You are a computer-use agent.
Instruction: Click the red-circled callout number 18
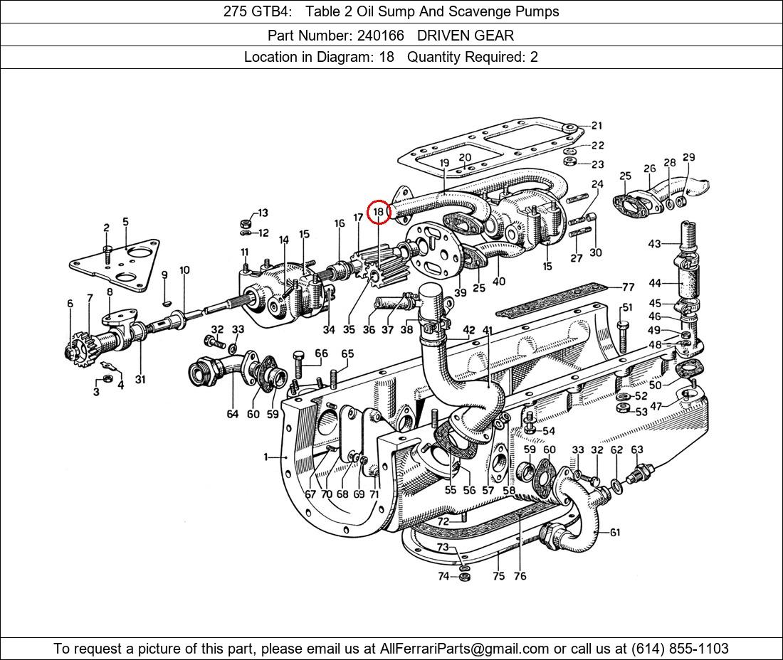pyautogui.click(x=378, y=211)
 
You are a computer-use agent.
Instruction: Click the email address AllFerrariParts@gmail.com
pyautogui.click(x=465, y=648)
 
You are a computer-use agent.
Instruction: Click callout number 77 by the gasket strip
pyautogui.click(x=628, y=287)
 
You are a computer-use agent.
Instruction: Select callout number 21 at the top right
pyautogui.click(x=596, y=126)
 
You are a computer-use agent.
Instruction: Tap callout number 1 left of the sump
pyautogui.click(x=266, y=457)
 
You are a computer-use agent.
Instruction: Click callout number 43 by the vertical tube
pyautogui.click(x=654, y=244)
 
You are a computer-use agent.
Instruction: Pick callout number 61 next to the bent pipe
pyautogui.click(x=614, y=532)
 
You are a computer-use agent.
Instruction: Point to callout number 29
pyautogui.click(x=688, y=158)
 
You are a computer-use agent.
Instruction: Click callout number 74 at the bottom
pyautogui.click(x=443, y=576)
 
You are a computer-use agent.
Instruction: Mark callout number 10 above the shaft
pyautogui.click(x=184, y=270)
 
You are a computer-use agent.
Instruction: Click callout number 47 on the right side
pyautogui.click(x=656, y=406)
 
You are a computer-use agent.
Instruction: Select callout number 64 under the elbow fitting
pyautogui.click(x=233, y=414)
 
